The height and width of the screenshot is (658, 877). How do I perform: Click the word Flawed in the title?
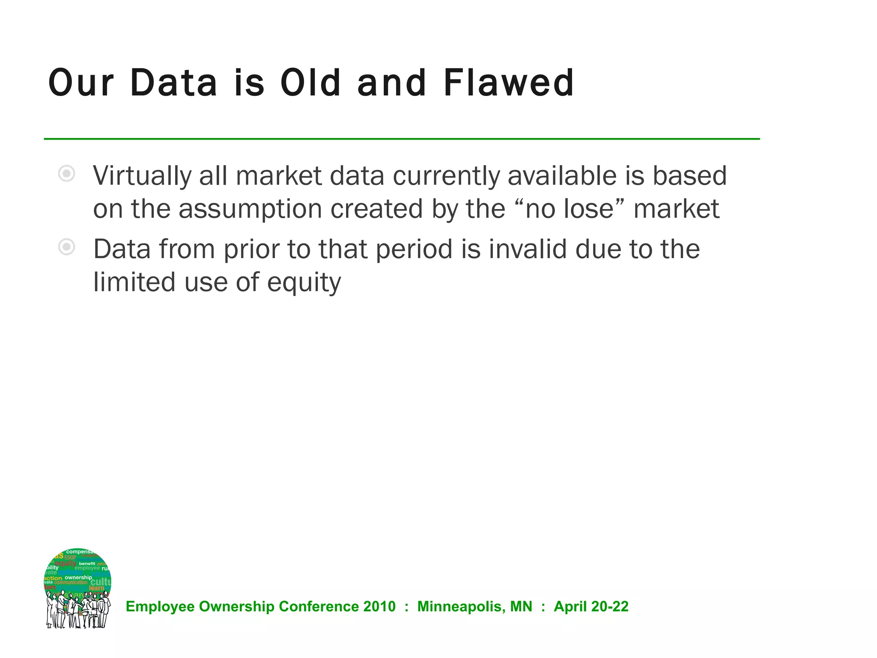(x=508, y=83)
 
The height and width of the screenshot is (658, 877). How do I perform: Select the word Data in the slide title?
(x=174, y=83)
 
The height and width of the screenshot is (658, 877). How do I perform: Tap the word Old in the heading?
(x=310, y=83)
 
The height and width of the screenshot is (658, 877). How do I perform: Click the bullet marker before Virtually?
(x=67, y=173)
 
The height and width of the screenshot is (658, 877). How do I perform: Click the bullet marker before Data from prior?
(x=67, y=247)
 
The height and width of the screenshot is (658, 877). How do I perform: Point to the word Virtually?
(x=142, y=176)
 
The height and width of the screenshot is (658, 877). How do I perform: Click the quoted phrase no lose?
(x=570, y=209)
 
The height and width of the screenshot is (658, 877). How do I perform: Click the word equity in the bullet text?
(x=304, y=283)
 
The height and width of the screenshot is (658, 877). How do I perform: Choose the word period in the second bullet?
(x=414, y=249)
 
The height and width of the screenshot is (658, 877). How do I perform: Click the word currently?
(x=446, y=176)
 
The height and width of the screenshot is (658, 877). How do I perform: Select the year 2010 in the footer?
(x=379, y=607)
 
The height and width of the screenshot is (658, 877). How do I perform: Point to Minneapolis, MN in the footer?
(x=474, y=607)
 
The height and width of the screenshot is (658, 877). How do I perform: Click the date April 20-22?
(x=591, y=607)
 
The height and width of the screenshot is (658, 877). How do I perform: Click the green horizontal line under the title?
(x=402, y=139)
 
